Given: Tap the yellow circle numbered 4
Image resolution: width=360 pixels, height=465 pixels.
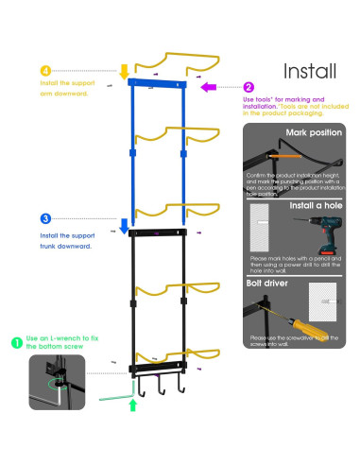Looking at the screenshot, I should tap(43, 71).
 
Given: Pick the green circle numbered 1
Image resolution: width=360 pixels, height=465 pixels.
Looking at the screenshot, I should tap(18, 337).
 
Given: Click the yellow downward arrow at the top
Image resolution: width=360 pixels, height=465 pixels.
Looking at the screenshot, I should tap(124, 71).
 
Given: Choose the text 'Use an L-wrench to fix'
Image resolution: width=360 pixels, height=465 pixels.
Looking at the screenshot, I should tap(64, 337).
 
